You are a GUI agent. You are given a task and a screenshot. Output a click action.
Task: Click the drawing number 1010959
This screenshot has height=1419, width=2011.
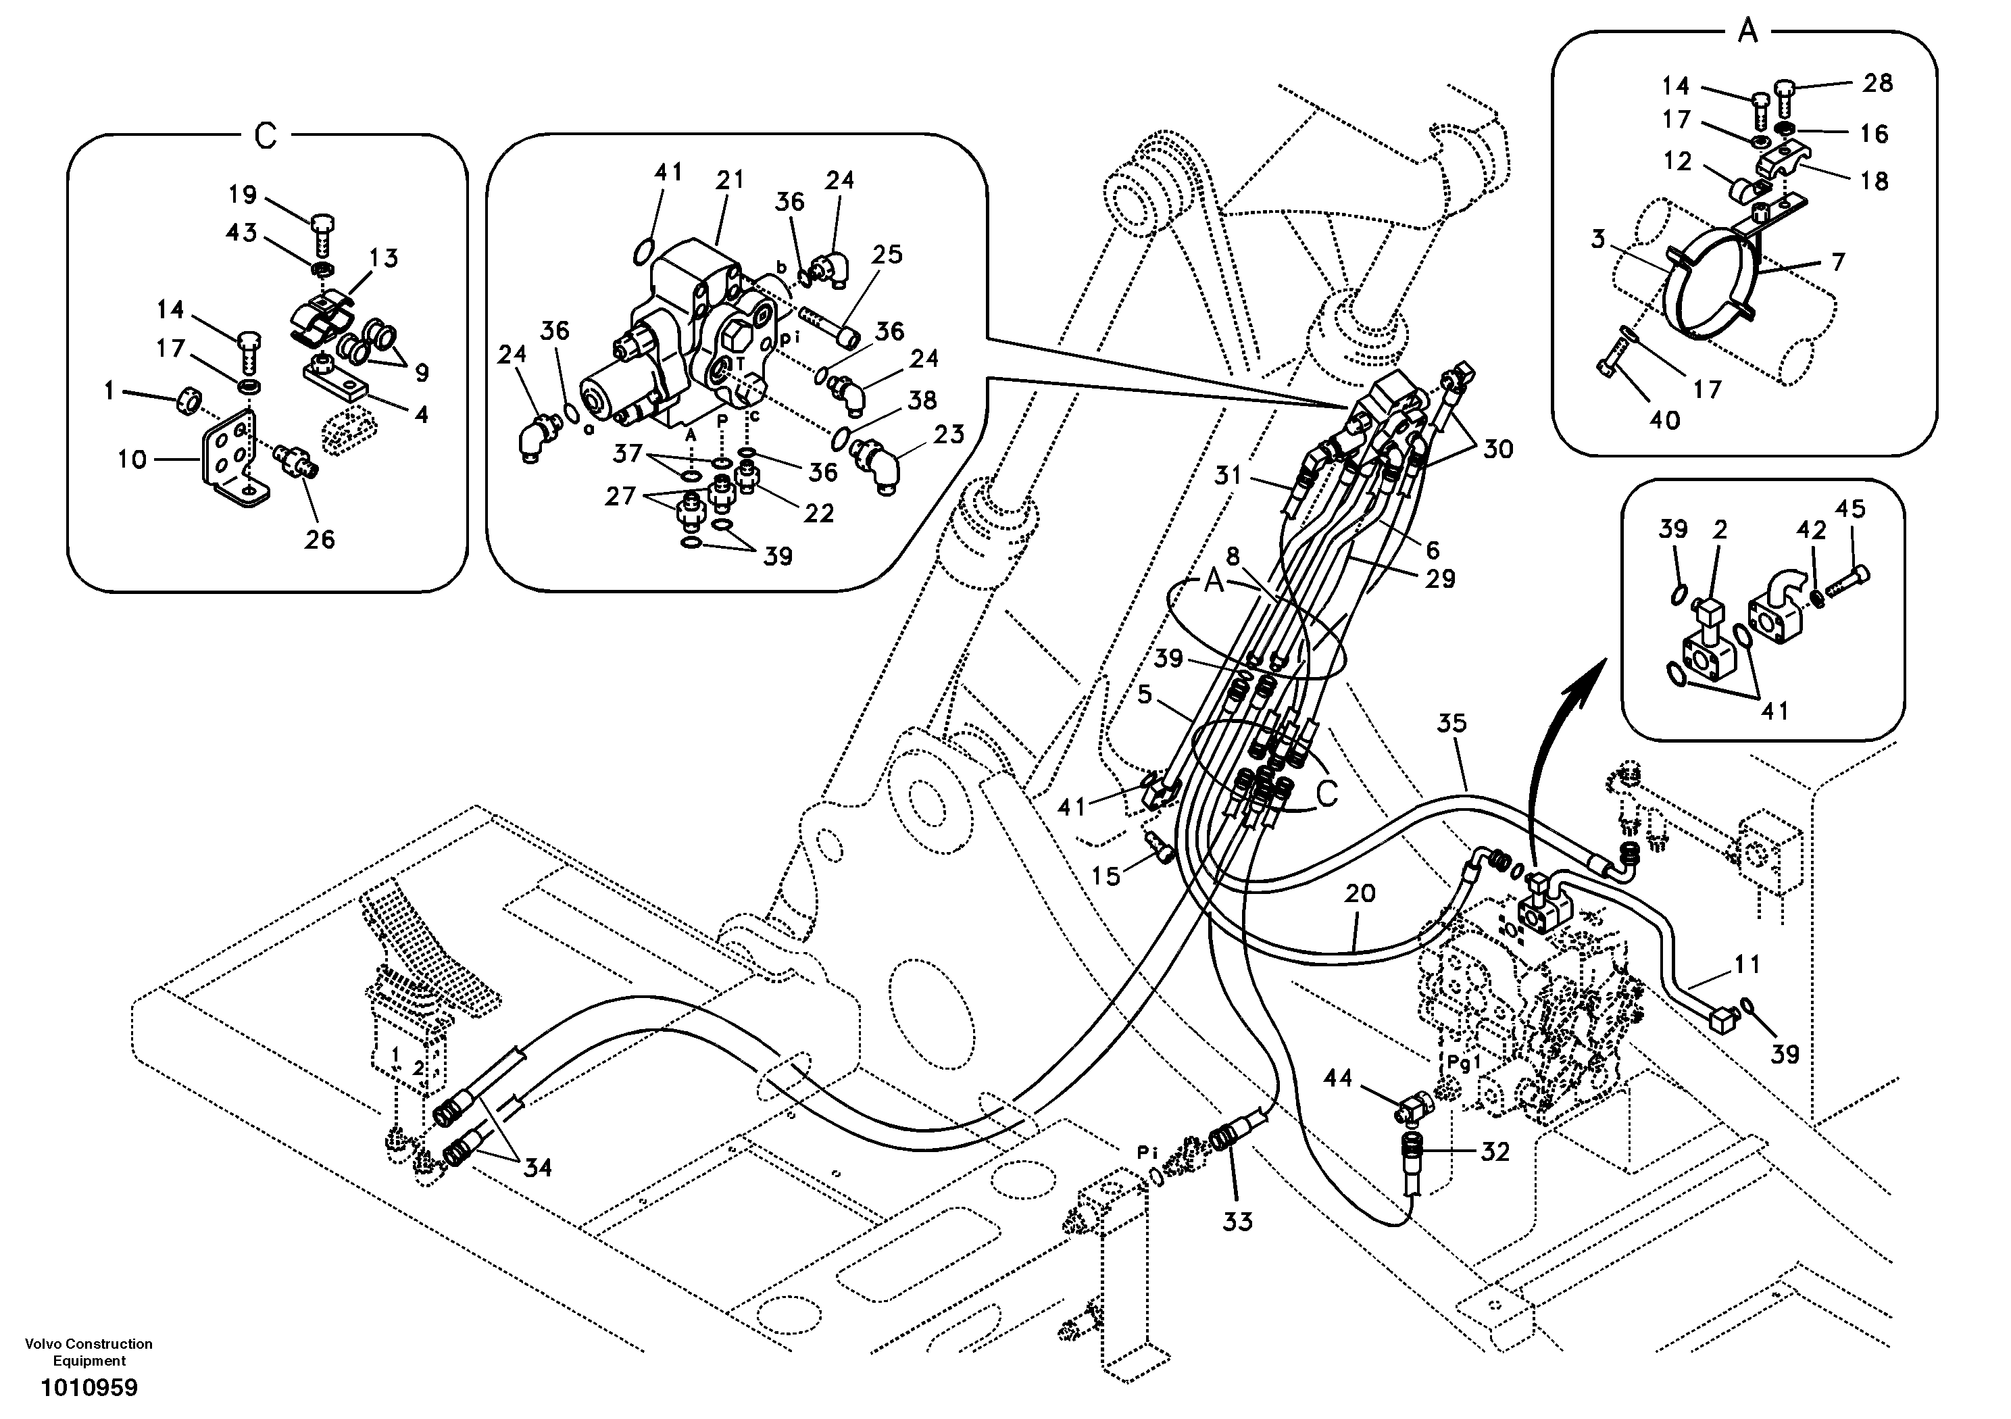(x=89, y=1389)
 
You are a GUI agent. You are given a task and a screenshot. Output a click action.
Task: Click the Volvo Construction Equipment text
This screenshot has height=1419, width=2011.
(x=89, y=1352)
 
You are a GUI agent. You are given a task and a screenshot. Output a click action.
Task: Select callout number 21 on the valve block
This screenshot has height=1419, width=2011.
(x=728, y=180)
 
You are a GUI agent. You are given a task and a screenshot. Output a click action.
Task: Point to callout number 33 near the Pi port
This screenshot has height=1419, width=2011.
(x=1237, y=1222)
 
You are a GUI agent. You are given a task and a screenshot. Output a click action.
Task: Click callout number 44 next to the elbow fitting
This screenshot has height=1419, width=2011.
(x=1337, y=1078)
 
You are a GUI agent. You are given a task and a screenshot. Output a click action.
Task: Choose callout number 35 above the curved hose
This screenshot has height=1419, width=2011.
(x=1451, y=724)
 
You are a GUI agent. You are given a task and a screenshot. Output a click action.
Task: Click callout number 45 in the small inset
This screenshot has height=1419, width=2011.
(x=1851, y=509)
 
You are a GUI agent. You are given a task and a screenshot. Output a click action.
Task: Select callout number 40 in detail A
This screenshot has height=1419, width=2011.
(x=1665, y=420)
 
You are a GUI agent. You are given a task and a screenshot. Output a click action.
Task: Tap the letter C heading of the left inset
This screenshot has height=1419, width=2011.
(x=266, y=136)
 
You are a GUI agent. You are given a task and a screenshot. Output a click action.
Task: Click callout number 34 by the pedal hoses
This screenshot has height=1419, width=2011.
(x=538, y=1168)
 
